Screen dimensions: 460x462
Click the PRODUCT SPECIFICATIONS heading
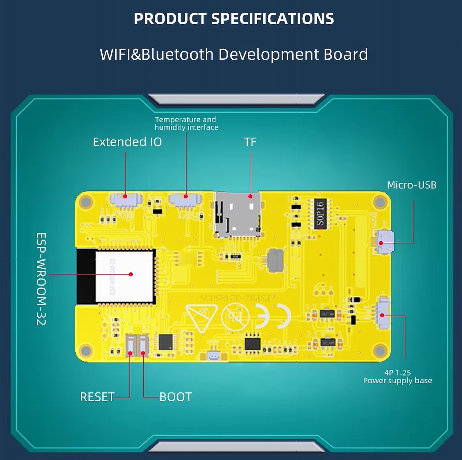[x=234, y=19]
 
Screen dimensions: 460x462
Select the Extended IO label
[x=127, y=142]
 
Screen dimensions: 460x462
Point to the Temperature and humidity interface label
[x=186, y=123]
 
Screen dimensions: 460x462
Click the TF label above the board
[x=250, y=142]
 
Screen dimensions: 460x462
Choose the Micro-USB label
[x=411, y=185]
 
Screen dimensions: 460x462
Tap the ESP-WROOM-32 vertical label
[x=41, y=279]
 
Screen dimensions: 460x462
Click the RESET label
[x=97, y=397]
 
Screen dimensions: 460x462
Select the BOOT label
[x=175, y=397]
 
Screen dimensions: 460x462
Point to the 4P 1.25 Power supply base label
[x=398, y=377]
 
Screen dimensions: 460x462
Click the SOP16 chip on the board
[x=320, y=214]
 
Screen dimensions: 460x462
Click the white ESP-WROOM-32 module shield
[x=124, y=276]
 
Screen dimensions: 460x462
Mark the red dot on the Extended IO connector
[x=125, y=196]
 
